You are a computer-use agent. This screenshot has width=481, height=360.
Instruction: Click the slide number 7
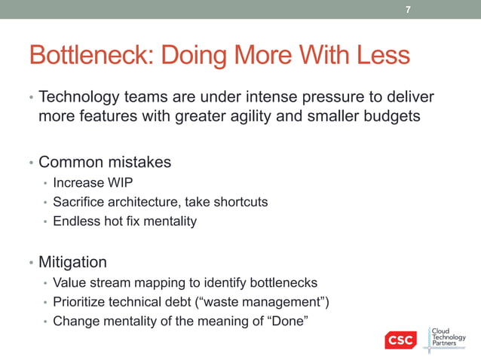[408, 10]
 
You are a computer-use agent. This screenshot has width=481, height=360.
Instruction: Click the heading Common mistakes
[105, 162]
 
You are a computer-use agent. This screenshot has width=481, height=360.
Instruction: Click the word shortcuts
[240, 202]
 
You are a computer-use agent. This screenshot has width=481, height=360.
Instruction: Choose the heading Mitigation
[72, 263]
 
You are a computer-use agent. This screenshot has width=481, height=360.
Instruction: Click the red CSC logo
[400, 340]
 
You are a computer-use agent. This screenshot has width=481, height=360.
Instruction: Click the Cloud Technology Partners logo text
[452, 337]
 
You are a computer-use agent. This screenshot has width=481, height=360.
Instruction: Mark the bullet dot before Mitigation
[31, 264]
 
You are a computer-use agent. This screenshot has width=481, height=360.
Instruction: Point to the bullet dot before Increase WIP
[45, 183]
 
